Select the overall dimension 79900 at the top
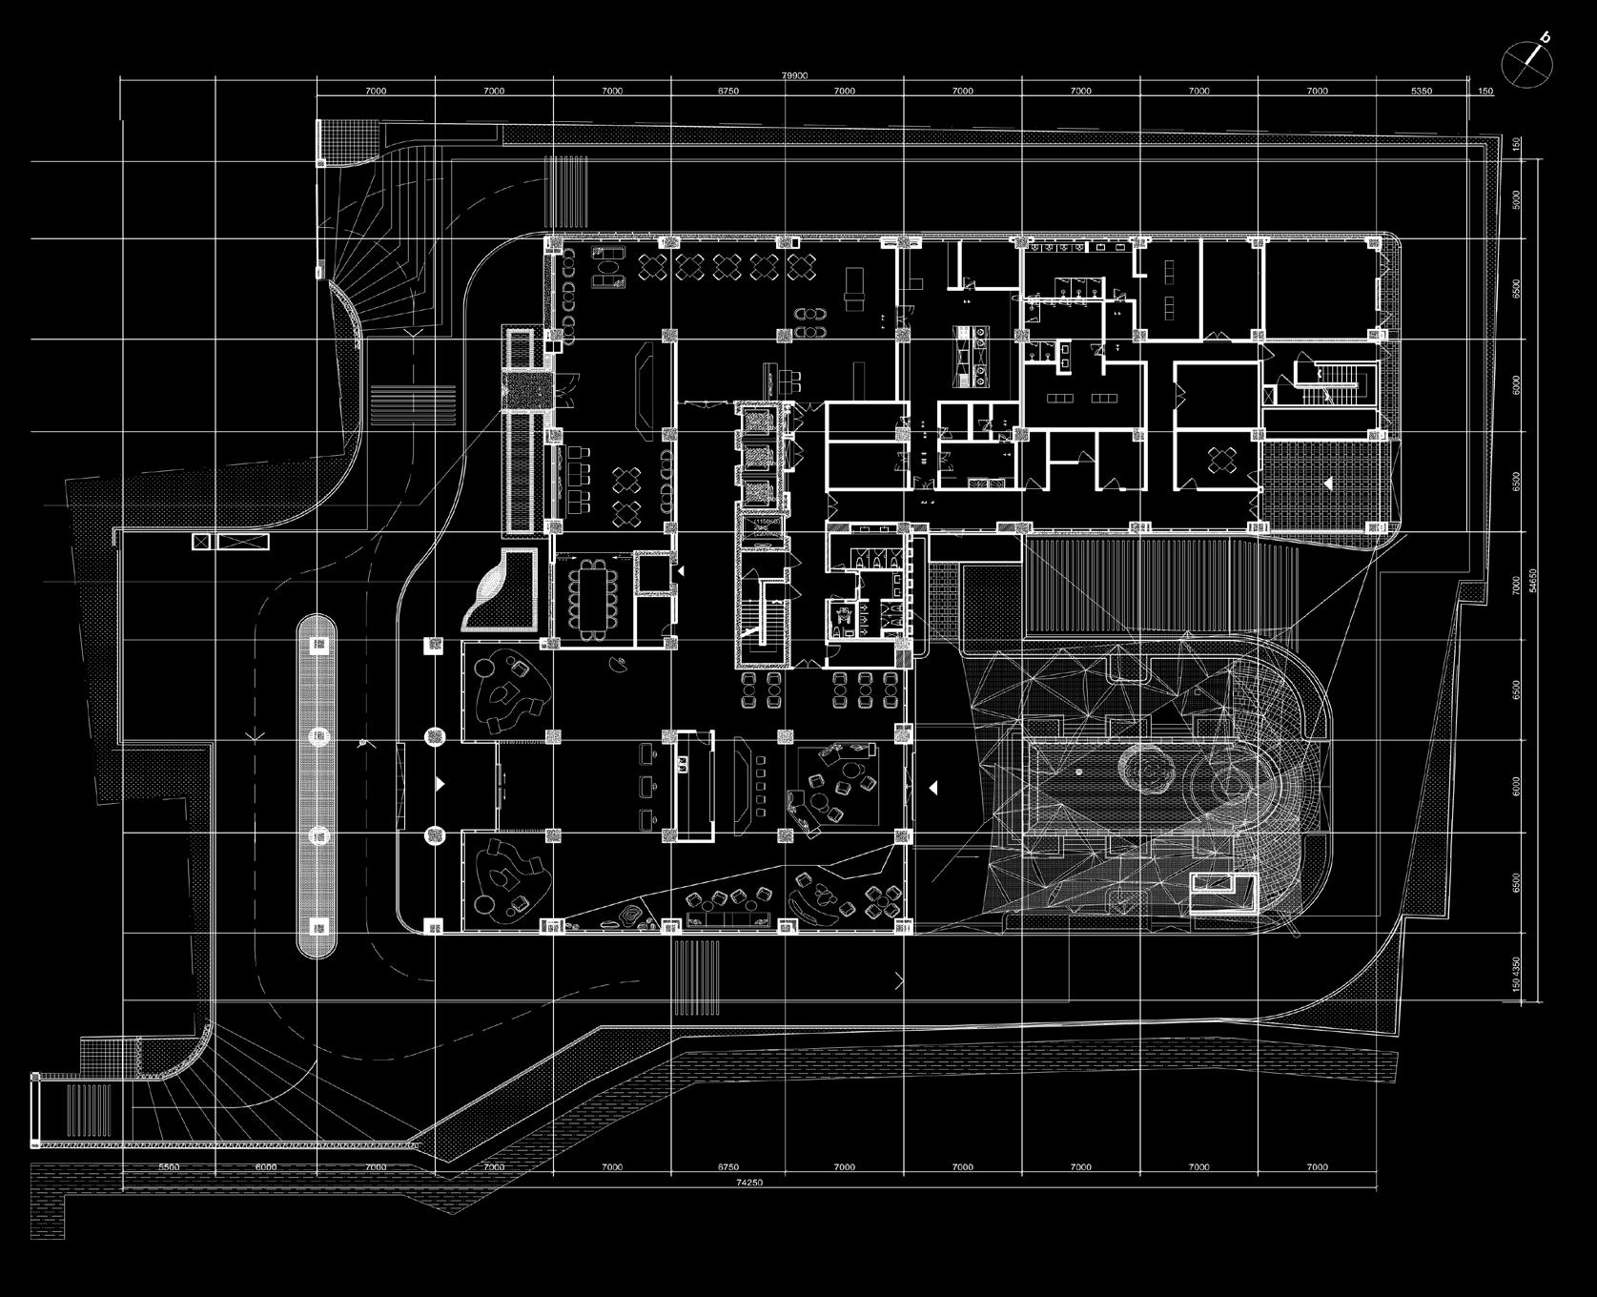coord(793,76)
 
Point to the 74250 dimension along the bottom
coord(750,1183)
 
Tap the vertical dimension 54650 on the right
coord(1532,581)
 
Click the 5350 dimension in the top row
coord(1421,92)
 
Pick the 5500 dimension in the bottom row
coord(169,1167)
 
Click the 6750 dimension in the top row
coord(727,92)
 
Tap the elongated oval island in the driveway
coord(317,786)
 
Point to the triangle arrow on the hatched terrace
coord(1328,484)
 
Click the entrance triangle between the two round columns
coord(440,783)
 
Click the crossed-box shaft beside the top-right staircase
coord(1269,395)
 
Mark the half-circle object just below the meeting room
coord(621,665)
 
